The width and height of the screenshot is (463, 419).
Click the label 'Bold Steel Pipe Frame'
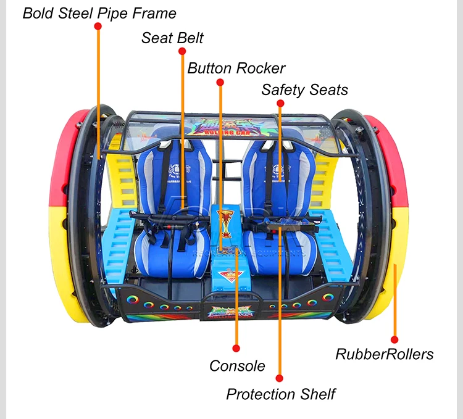(x=99, y=13)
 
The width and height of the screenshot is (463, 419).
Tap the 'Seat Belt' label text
(x=172, y=38)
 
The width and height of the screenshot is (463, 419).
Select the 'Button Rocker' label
(x=236, y=68)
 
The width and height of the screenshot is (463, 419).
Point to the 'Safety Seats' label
(x=304, y=89)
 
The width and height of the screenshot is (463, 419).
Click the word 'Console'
(x=237, y=366)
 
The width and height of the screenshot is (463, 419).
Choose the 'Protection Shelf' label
(x=281, y=394)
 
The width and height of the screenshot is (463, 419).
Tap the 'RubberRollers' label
(x=384, y=354)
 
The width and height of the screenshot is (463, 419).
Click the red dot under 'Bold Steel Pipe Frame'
(x=98, y=27)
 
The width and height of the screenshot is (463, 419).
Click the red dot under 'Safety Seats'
(x=280, y=103)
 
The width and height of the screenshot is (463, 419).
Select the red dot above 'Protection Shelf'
(x=280, y=378)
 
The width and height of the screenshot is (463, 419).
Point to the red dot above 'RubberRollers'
(x=394, y=339)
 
